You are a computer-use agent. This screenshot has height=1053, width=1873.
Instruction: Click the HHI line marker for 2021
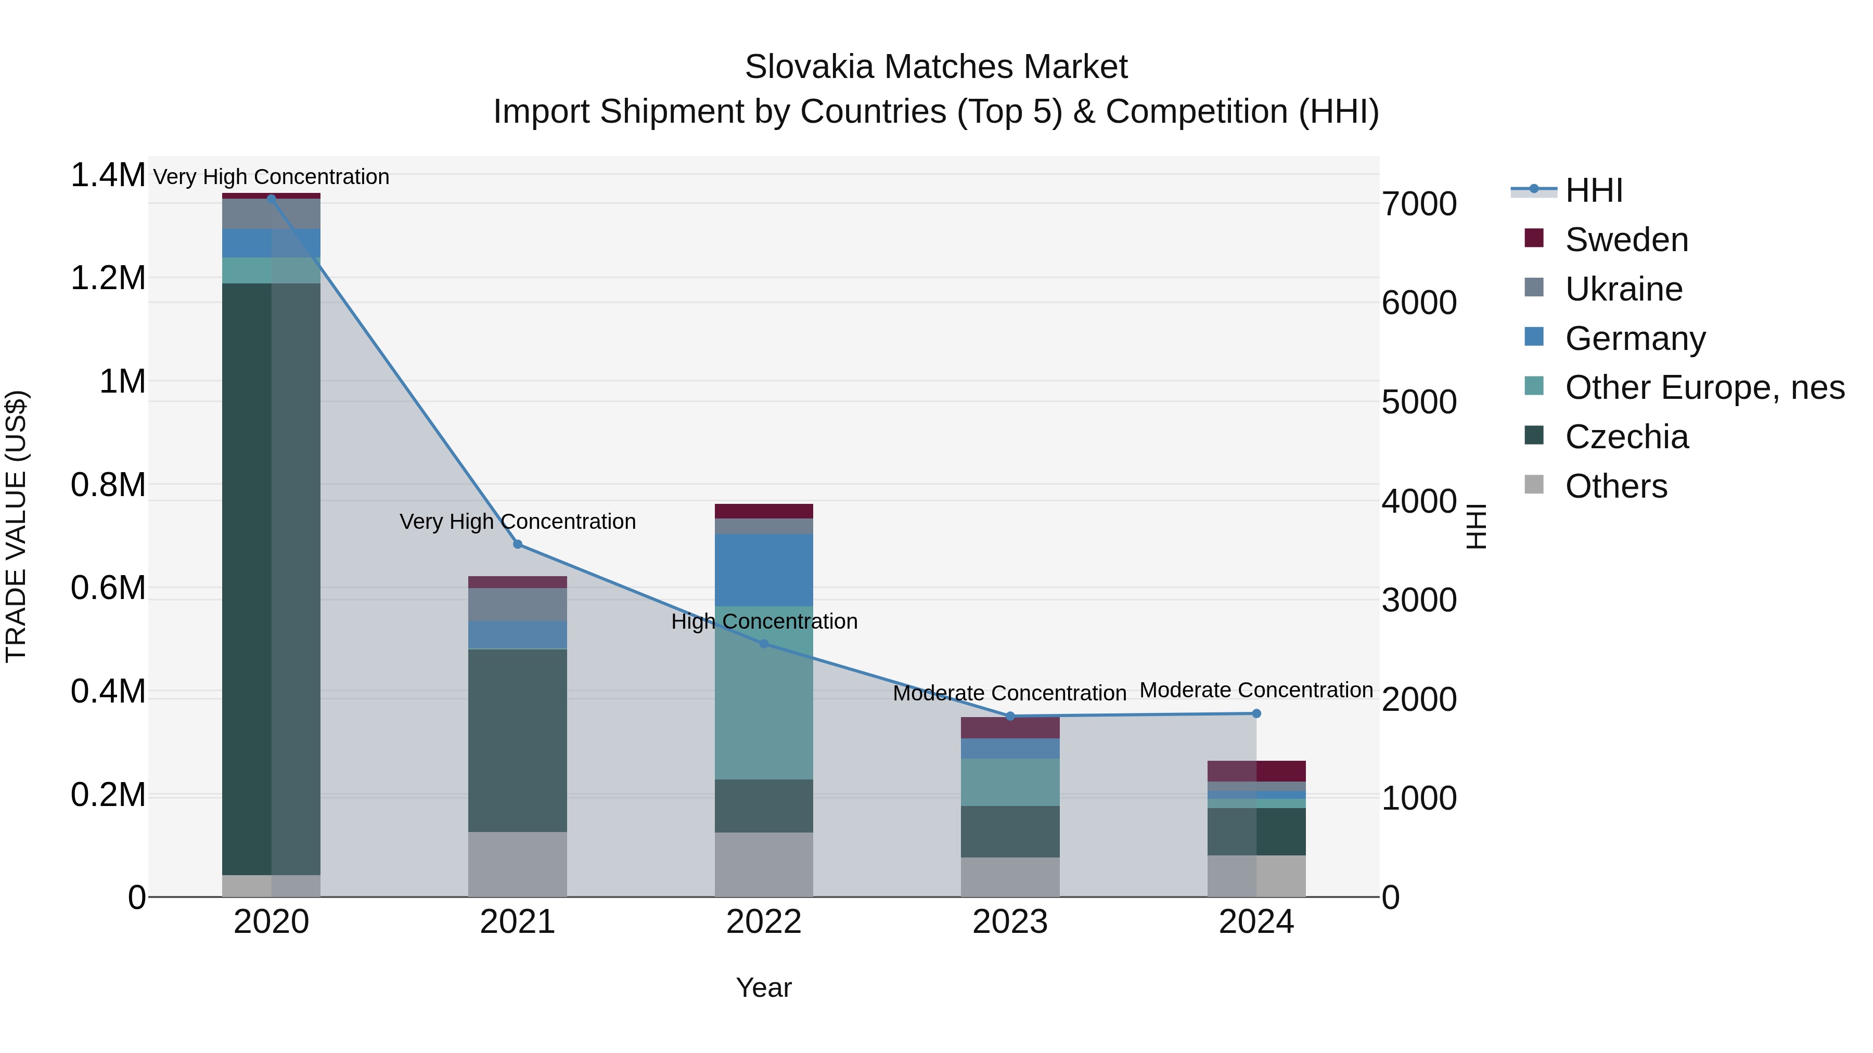click(518, 544)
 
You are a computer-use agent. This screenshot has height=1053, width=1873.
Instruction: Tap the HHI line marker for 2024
click(1256, 713)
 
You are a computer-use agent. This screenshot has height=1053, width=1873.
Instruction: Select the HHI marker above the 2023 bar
click(1010, 717)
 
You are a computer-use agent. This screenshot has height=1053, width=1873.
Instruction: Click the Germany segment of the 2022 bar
click(763, 570)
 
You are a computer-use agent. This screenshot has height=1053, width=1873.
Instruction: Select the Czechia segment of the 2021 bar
click(517, 740)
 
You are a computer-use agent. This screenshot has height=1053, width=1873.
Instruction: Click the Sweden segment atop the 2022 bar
click(763, 511)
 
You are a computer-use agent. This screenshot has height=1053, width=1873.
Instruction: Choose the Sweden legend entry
click(1626, 240)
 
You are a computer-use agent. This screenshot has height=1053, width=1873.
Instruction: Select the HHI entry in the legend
click(1593, 190)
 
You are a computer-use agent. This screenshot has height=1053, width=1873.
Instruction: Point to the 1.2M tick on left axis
click(108, 278)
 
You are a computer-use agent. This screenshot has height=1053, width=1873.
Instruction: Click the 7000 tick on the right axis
click(1419, 204)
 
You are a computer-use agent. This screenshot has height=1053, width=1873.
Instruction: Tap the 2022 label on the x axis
click(763, 922)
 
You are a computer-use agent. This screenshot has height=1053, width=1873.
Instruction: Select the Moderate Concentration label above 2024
click(1256, 690)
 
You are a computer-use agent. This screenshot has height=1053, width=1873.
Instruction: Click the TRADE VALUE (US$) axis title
click(17, 526)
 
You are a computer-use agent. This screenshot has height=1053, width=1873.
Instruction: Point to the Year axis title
click(763, 987)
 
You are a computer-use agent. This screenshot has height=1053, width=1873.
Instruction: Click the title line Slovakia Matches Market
click(936, 67)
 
